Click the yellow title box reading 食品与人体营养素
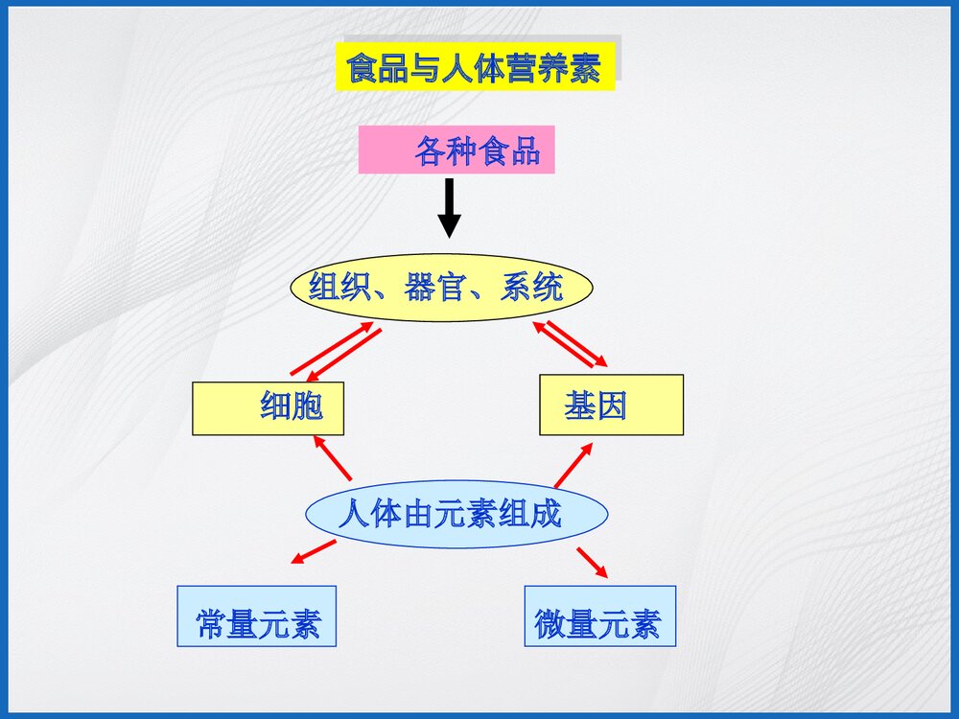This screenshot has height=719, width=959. tap(475, 67)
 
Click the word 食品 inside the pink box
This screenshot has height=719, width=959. tap(509, 151)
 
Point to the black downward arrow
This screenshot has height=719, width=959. tap(449, 208)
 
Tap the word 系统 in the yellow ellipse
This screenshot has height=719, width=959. tap(531, 287)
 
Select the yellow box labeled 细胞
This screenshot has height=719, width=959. tap(268, 407)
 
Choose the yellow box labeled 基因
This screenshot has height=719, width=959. tap(611, 406)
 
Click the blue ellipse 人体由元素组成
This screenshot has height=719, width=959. tap(456, 514)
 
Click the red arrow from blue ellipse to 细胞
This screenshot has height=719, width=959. tap(333, 458)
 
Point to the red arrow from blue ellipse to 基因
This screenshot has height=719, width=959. tap(573, 464)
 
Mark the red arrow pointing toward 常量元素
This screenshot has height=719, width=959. tap(313, 551)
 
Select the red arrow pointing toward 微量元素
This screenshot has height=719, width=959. tap(592, 562)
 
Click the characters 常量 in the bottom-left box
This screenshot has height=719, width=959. tap(226, 625)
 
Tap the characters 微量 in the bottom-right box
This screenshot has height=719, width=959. tap(566, 625)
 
